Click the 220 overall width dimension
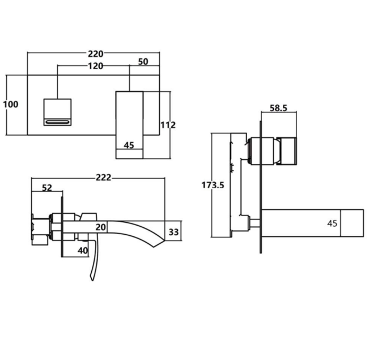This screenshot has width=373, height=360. (95, 54)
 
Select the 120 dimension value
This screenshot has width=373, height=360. (95, 66)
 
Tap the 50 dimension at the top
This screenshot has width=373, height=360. (143, 61)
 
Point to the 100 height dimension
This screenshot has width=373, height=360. (10, 104)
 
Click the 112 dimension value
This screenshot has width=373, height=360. (168, 125)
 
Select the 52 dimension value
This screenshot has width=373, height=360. (47, 188)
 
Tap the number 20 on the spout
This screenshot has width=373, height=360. (100, 227)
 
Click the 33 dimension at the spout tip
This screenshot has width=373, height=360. (173, 231)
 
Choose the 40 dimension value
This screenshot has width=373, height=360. (83, 251)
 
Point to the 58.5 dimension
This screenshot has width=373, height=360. (278, 107)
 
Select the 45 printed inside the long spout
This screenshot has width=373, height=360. (332, 223)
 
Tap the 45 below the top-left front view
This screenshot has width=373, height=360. (129, 145)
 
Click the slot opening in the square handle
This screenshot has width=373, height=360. (57, 121)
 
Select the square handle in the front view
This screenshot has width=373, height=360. (57, 112)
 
